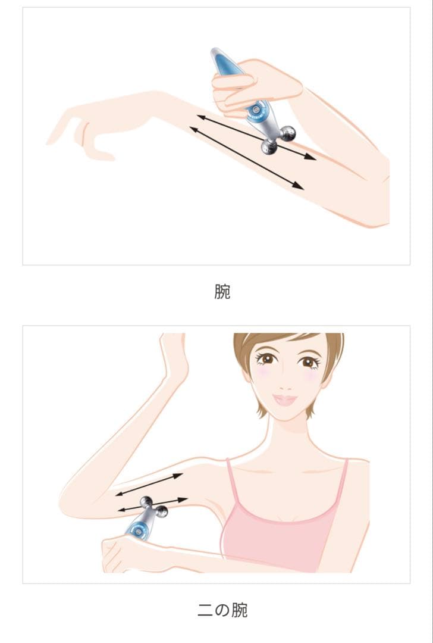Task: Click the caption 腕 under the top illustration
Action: point(222,292)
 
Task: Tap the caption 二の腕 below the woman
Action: point(222,610)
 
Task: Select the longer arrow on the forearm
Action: point(246,158)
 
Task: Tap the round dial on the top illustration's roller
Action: point(257,109)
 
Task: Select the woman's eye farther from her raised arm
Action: point(308,361)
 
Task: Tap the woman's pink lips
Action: point(285,399)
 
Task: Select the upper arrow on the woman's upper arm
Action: point(149,484)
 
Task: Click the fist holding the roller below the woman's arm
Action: point(122,554)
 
